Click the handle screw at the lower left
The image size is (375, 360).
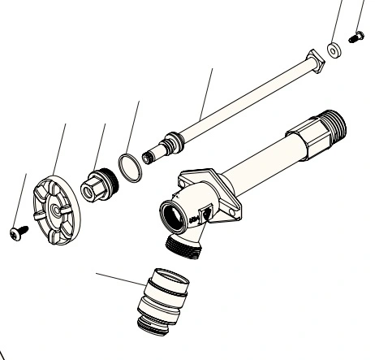coord(16,234)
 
